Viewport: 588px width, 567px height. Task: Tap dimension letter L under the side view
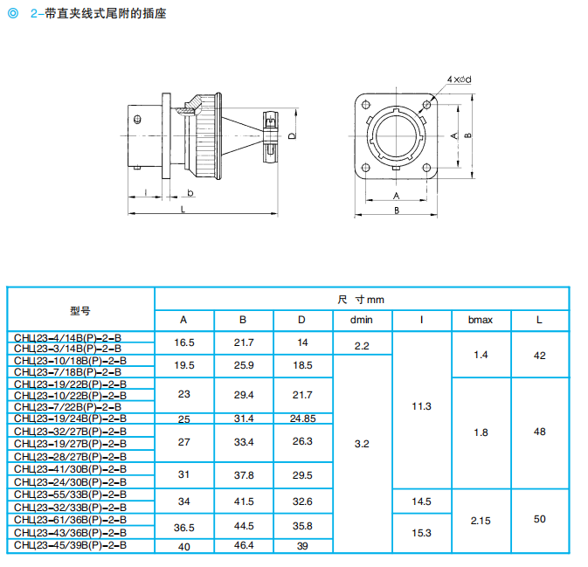(183, 210)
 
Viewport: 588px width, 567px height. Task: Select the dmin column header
(362, 320)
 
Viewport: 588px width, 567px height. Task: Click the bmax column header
(481, 320)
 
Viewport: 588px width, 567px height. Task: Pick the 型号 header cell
(80, 310)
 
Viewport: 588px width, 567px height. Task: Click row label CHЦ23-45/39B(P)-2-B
(71, 545)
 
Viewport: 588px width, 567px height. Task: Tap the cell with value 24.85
(302, 418)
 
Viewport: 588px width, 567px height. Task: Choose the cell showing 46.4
(243, 545)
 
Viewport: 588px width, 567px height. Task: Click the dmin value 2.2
(362, 346)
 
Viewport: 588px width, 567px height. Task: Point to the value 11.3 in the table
(421, 406)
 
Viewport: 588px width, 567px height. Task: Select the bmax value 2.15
(481, 520)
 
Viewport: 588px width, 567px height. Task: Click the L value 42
(539, 355)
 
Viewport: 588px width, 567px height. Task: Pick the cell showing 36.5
(183, 526)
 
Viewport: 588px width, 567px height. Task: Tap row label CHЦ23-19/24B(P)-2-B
(71, 418)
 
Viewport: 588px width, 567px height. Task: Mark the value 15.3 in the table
(421, 532)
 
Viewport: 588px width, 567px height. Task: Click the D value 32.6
(302, 501)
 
